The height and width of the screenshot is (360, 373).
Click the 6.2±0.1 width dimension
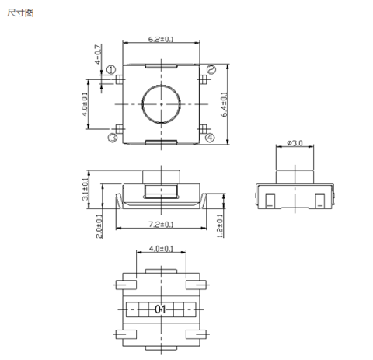tap(161, 39)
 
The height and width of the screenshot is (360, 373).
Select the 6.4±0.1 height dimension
tap(225, 103)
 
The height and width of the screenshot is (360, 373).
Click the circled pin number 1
tap(112, 70)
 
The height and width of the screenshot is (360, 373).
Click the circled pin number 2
tap(210, 70)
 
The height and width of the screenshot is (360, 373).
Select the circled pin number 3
tap(112, 138)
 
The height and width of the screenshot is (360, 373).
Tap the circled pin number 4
tap(210, 138)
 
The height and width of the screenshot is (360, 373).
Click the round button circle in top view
tap(161, 103)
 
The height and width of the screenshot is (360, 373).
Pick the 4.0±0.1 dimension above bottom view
tap(160, 250)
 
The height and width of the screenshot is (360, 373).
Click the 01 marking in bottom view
tap(161, 309)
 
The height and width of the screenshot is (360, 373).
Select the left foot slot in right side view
tap(268, 200)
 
